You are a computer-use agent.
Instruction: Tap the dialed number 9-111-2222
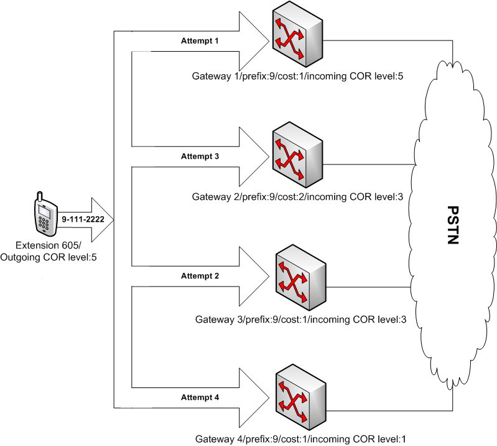click(82, 220)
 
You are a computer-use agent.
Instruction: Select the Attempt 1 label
click(200, 40)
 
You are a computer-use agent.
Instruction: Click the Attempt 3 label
click(200, 156)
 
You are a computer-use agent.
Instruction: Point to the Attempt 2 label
click(200, 275)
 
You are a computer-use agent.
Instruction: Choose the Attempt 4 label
click(200, 396)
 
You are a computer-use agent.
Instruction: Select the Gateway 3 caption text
click(301, 320)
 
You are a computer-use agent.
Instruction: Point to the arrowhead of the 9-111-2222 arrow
click(102, 220)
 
